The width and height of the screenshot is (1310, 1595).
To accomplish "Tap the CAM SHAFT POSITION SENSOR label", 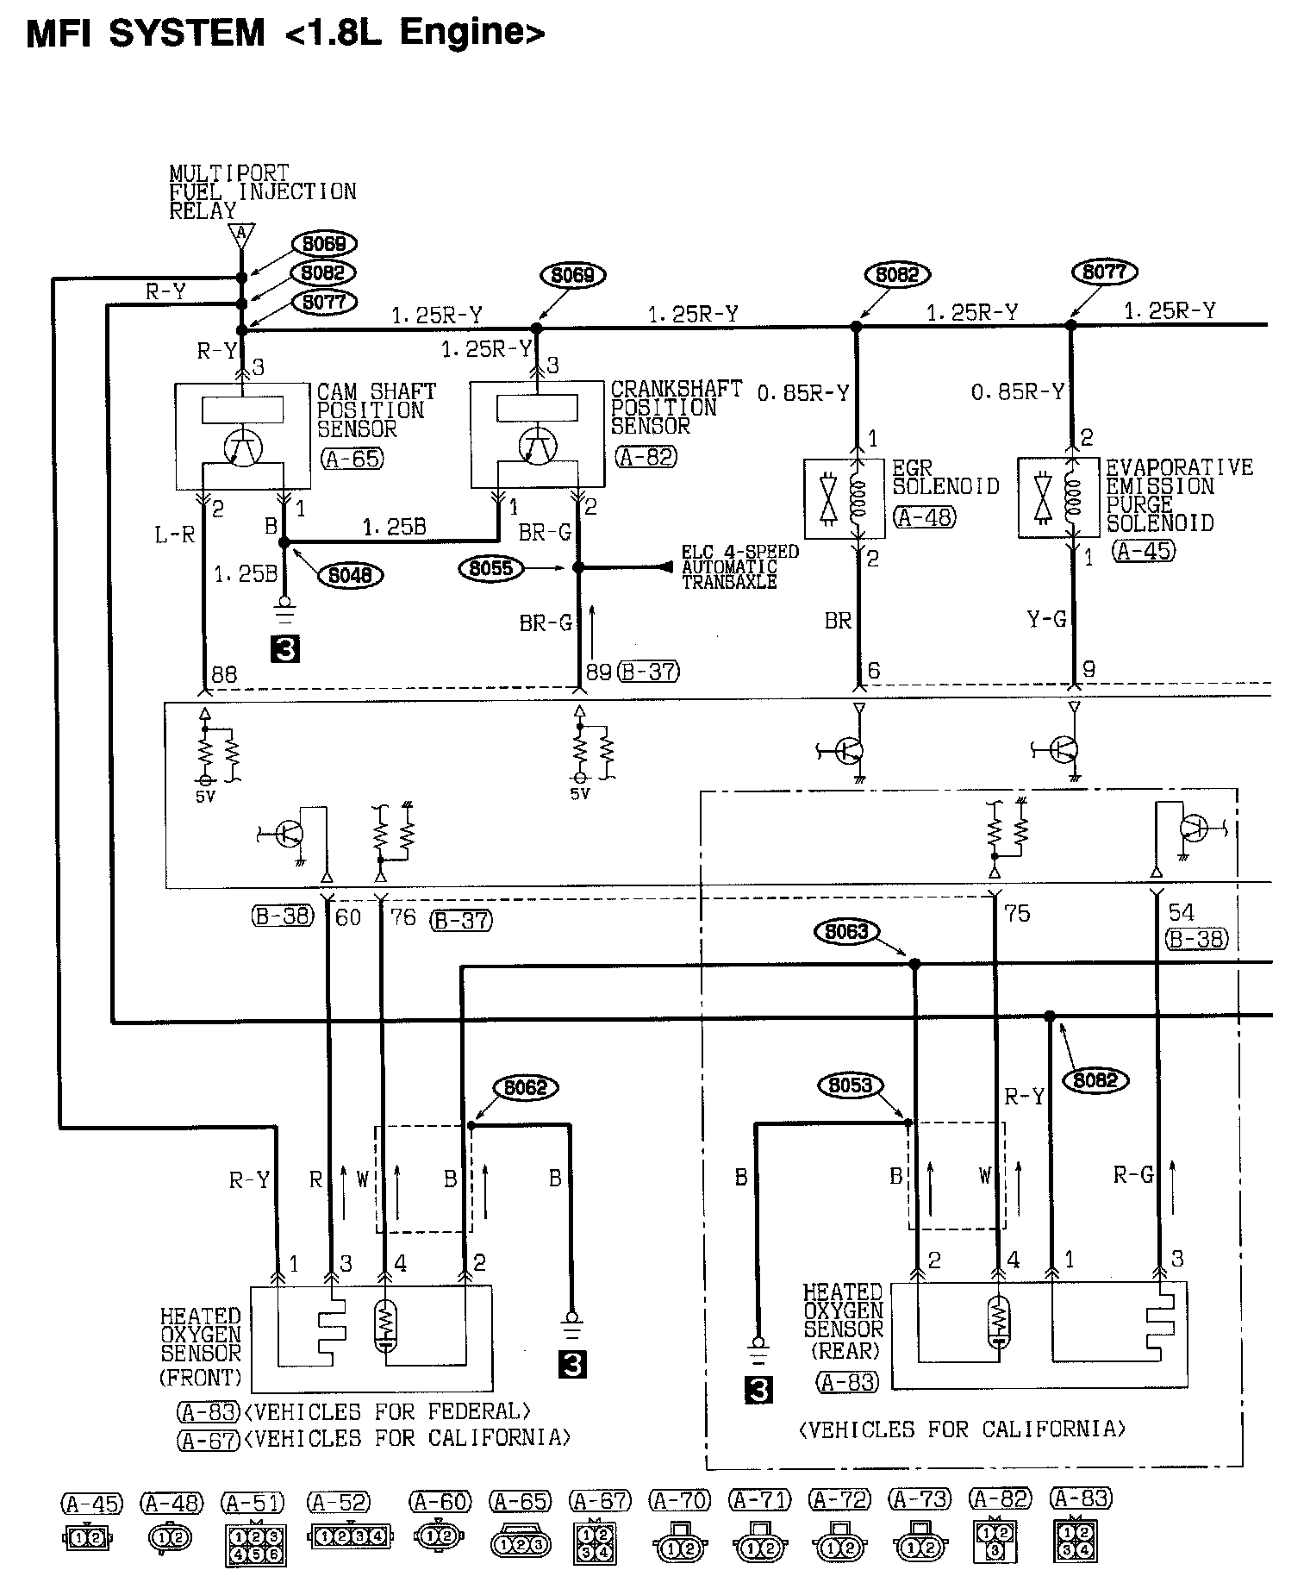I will (376, 410).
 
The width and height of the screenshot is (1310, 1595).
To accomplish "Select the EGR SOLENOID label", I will (945, 477).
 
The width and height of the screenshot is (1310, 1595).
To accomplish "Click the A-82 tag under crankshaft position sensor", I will (646, 457).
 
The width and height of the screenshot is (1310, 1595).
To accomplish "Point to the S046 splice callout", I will (350, 574).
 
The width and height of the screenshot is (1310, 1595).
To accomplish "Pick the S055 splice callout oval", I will (491, 568).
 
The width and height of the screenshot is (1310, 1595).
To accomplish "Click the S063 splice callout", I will (846, 932).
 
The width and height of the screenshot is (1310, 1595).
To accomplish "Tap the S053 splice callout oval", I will (850, 1085).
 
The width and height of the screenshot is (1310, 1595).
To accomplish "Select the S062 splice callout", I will (525, 1087).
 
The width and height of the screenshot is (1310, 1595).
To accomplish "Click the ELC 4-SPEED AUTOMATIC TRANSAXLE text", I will (739, 566).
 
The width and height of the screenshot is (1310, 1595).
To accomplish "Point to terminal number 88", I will (224, 674).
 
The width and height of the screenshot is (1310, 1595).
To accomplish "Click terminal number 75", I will (1017, 913).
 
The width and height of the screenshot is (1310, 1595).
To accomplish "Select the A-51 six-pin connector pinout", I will (254, 1547).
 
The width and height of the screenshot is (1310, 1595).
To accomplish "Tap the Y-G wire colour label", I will (1046, 619).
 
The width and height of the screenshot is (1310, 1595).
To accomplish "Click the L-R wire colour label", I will (175, 535).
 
